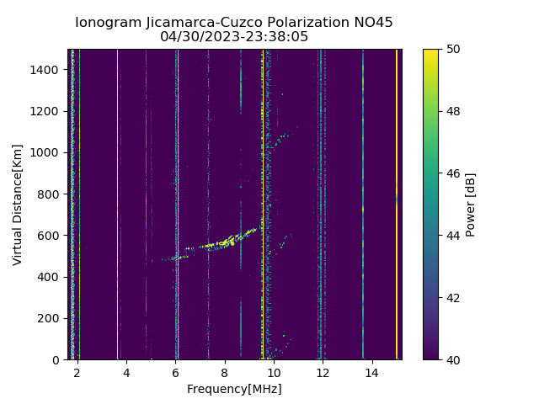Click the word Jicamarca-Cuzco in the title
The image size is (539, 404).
(x=192, y=23)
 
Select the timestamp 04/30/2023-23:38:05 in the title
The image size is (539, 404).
(x=234, y=37)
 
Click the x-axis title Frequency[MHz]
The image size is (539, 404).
(x=234, y=389)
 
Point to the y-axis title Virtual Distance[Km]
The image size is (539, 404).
(x=18, y=205)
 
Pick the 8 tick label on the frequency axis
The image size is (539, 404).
(x=224, y=371)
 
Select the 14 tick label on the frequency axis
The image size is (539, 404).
(x=371, y=371)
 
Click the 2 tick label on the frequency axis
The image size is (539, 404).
(x=77, y=371)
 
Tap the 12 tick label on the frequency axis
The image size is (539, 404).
(x=323, y=371)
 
